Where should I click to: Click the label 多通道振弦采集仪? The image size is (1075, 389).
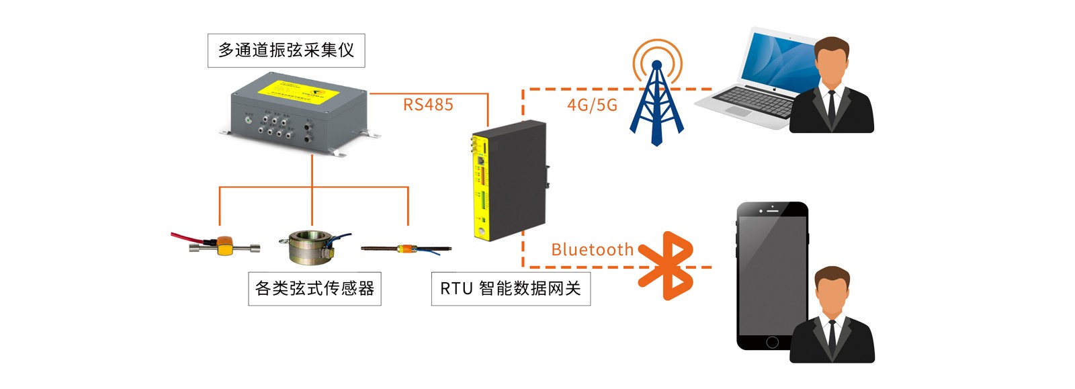point(286,50)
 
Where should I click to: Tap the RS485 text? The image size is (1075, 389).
point(428,105)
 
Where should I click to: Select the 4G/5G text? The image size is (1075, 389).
point(592,105)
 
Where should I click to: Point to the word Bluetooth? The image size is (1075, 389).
point(592,250)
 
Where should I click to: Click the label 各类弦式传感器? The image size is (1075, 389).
point(314,289)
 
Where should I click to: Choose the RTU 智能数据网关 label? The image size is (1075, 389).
point(511,289)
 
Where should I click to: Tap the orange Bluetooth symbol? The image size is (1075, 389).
point(667,265)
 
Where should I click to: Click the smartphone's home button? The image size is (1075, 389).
point(772,342)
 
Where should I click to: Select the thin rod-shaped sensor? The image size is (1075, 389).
point(406,249)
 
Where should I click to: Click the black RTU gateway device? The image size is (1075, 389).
point(514,178)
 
